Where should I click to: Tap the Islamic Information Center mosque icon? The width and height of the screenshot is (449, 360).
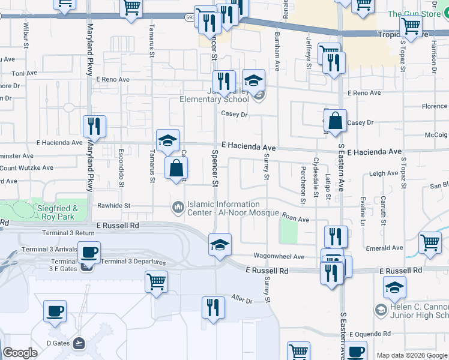tap(178, 208)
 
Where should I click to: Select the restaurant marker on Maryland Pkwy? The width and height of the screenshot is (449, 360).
tap(94, 126)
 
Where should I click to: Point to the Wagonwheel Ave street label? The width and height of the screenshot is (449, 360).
tap(279, 257)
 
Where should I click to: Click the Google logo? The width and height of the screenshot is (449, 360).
tap(20, 353)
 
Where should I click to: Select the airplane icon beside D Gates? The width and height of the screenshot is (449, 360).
tap(79, 343)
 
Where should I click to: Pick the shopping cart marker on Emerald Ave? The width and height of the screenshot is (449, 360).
tap(430, 243)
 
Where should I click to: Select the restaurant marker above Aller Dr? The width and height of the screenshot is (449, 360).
tap(213, 307)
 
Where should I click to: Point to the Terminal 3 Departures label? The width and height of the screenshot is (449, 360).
tap(133, 262)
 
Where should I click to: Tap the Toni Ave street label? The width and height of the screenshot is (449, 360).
tap(25, 73)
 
